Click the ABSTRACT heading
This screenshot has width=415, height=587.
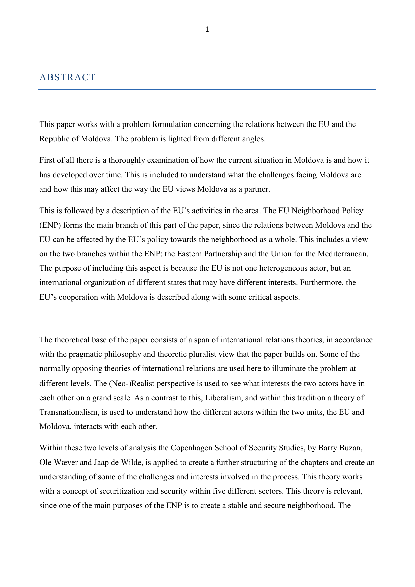click(x=67, y=77)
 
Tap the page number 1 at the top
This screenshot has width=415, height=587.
click(x=207, y=30)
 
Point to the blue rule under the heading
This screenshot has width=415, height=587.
click(x=207, y=90)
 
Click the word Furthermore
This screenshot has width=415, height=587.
click(x=322, y=283)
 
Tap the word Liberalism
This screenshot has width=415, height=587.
click(x=223, y=398)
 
